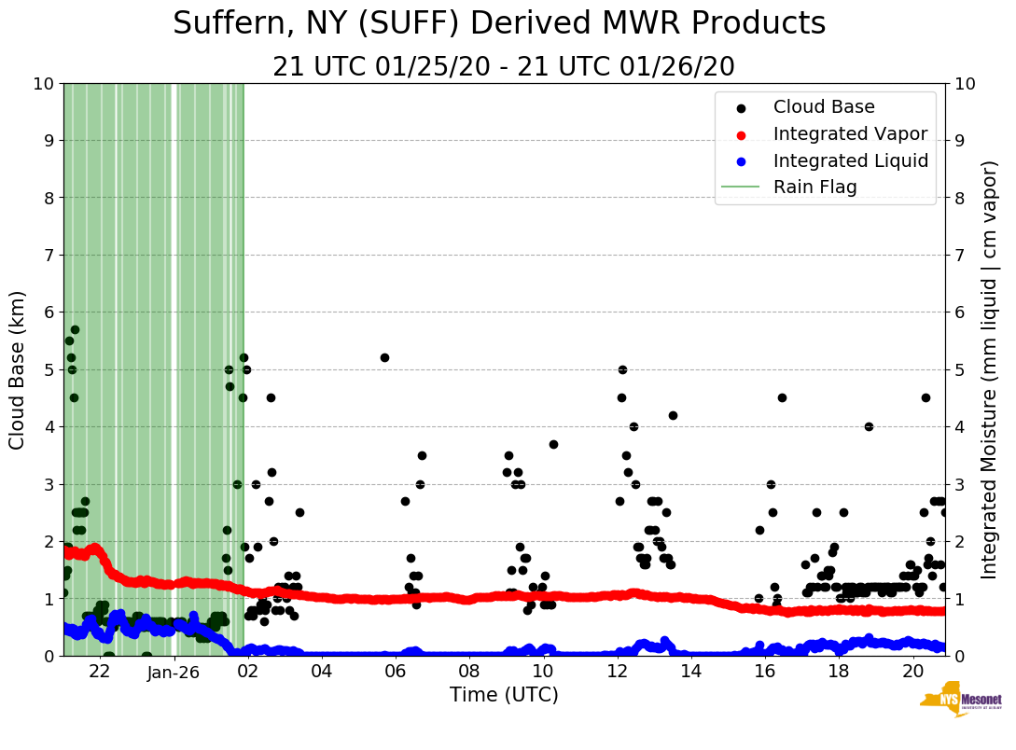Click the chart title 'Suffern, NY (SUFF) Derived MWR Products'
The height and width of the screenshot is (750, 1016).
pos(499,24)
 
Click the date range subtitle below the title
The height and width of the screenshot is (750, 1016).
pos(504,67)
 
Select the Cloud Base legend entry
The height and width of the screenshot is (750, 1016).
pos(824,107)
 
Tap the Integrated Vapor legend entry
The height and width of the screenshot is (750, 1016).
pos(850,133)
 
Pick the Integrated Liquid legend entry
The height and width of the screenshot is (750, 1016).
pos(850,160)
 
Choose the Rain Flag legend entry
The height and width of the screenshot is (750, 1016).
pos(814,187)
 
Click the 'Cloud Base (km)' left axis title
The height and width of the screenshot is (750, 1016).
pos(18,369)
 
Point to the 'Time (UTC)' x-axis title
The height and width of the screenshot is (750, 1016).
pos(504,695)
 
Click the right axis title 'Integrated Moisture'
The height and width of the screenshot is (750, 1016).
pos(990,369)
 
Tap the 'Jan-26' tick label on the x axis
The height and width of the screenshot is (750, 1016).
pos(174,672)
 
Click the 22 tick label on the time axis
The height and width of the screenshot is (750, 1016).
pos(100,672)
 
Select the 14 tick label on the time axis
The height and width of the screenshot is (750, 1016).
pos(691,672)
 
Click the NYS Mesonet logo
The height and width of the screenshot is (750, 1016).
pos(960,701)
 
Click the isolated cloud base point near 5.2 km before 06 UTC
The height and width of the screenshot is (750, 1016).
pos(384,357)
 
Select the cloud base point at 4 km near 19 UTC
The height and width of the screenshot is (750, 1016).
pos(869,426)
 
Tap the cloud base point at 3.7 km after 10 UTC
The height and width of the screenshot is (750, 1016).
pos(553,444)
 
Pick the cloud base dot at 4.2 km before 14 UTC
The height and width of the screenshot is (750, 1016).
pos(673,415)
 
